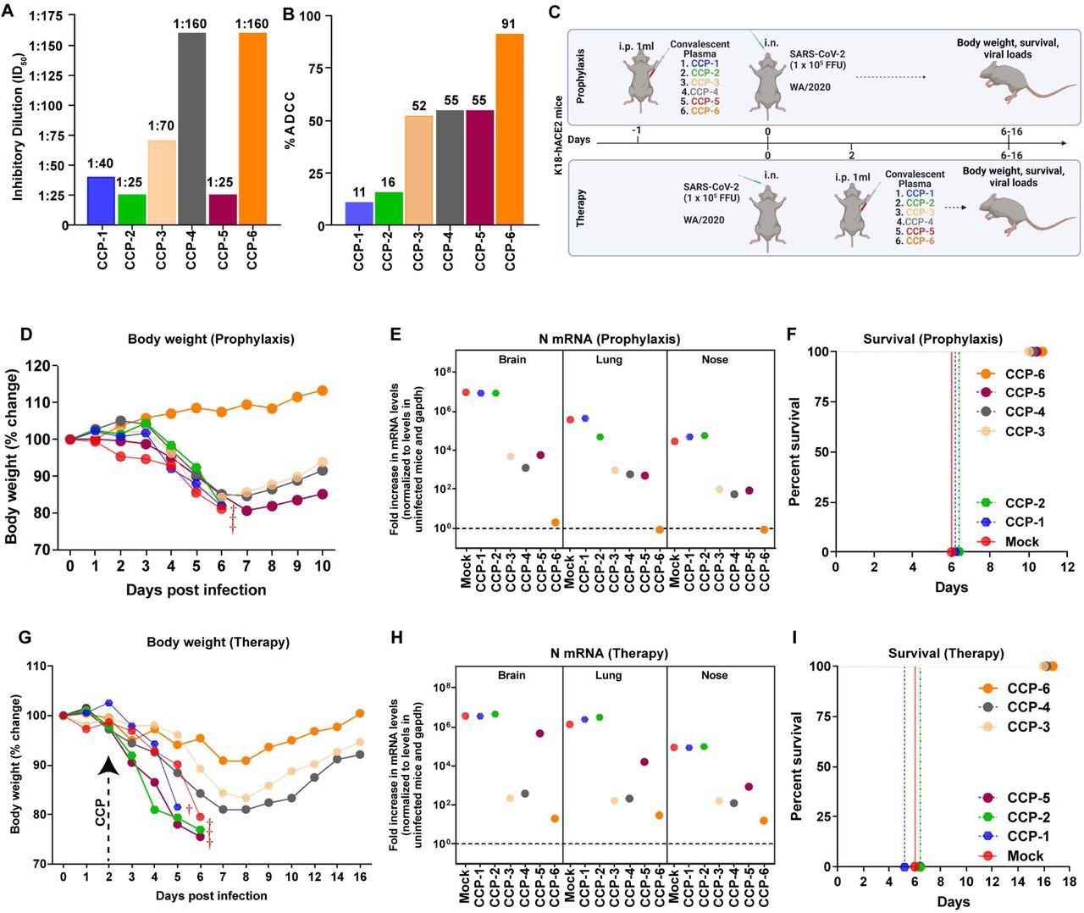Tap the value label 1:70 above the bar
pos(161,126)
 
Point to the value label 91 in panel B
pos(510,24)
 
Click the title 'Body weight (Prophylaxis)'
pos(211,339)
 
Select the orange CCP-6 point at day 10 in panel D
pos(322,390)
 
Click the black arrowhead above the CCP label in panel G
pos(108,765)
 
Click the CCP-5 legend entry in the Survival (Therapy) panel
pos(1016,798)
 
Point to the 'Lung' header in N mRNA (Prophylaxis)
pos(608,360)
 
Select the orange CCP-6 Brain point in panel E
pos(555,523)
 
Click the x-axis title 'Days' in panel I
pos(953,902)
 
